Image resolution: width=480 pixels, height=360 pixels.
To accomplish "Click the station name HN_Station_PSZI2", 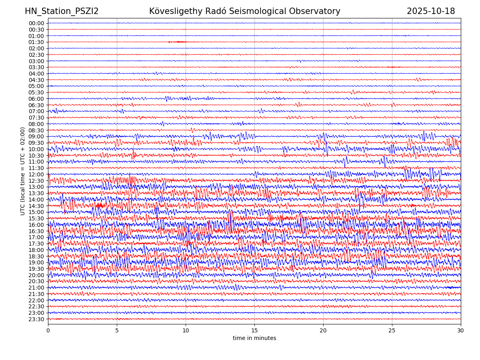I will coord(62,11).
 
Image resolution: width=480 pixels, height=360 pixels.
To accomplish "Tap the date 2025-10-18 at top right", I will coord(431,11).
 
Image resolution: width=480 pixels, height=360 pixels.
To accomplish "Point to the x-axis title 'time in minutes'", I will coord(254,338).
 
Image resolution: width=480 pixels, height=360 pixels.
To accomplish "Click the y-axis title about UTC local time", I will coord(23,171).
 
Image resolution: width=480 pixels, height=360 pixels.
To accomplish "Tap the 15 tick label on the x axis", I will coord(254,330).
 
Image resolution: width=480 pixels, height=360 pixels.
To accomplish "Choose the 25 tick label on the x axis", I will coord(392,330).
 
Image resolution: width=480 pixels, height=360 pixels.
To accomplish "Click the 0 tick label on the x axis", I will coord(48,330).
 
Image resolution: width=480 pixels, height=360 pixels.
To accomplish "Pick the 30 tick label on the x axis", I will coord(461,330).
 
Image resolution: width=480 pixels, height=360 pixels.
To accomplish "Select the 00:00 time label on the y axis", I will coord(36,23).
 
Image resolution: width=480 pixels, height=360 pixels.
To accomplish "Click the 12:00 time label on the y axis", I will coord(36,174).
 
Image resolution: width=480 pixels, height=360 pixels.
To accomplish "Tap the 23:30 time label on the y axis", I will coord(36,319).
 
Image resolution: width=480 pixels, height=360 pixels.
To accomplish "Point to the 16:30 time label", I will coord(36,231).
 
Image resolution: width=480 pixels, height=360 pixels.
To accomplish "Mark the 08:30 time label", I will coord(36,130).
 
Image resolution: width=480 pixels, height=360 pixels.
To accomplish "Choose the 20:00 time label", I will coord(36,275).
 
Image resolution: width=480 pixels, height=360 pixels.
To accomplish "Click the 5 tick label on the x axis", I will coord(117,330).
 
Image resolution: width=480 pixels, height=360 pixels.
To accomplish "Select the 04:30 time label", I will coord(36,80).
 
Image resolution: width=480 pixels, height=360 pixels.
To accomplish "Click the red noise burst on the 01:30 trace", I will coord(178,42).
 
